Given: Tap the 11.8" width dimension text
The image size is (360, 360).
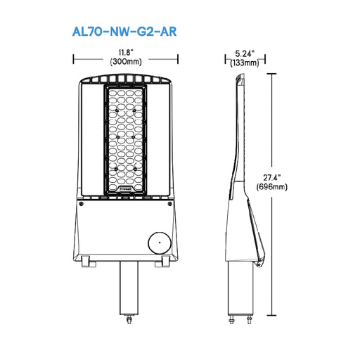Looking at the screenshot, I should (126, 53).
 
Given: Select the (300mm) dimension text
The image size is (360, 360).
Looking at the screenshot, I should (126, 62).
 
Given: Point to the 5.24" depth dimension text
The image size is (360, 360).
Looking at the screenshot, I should (244, 53).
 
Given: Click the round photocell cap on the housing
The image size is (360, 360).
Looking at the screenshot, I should (158, 243).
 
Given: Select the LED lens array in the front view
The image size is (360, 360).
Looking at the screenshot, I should (126, 137).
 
